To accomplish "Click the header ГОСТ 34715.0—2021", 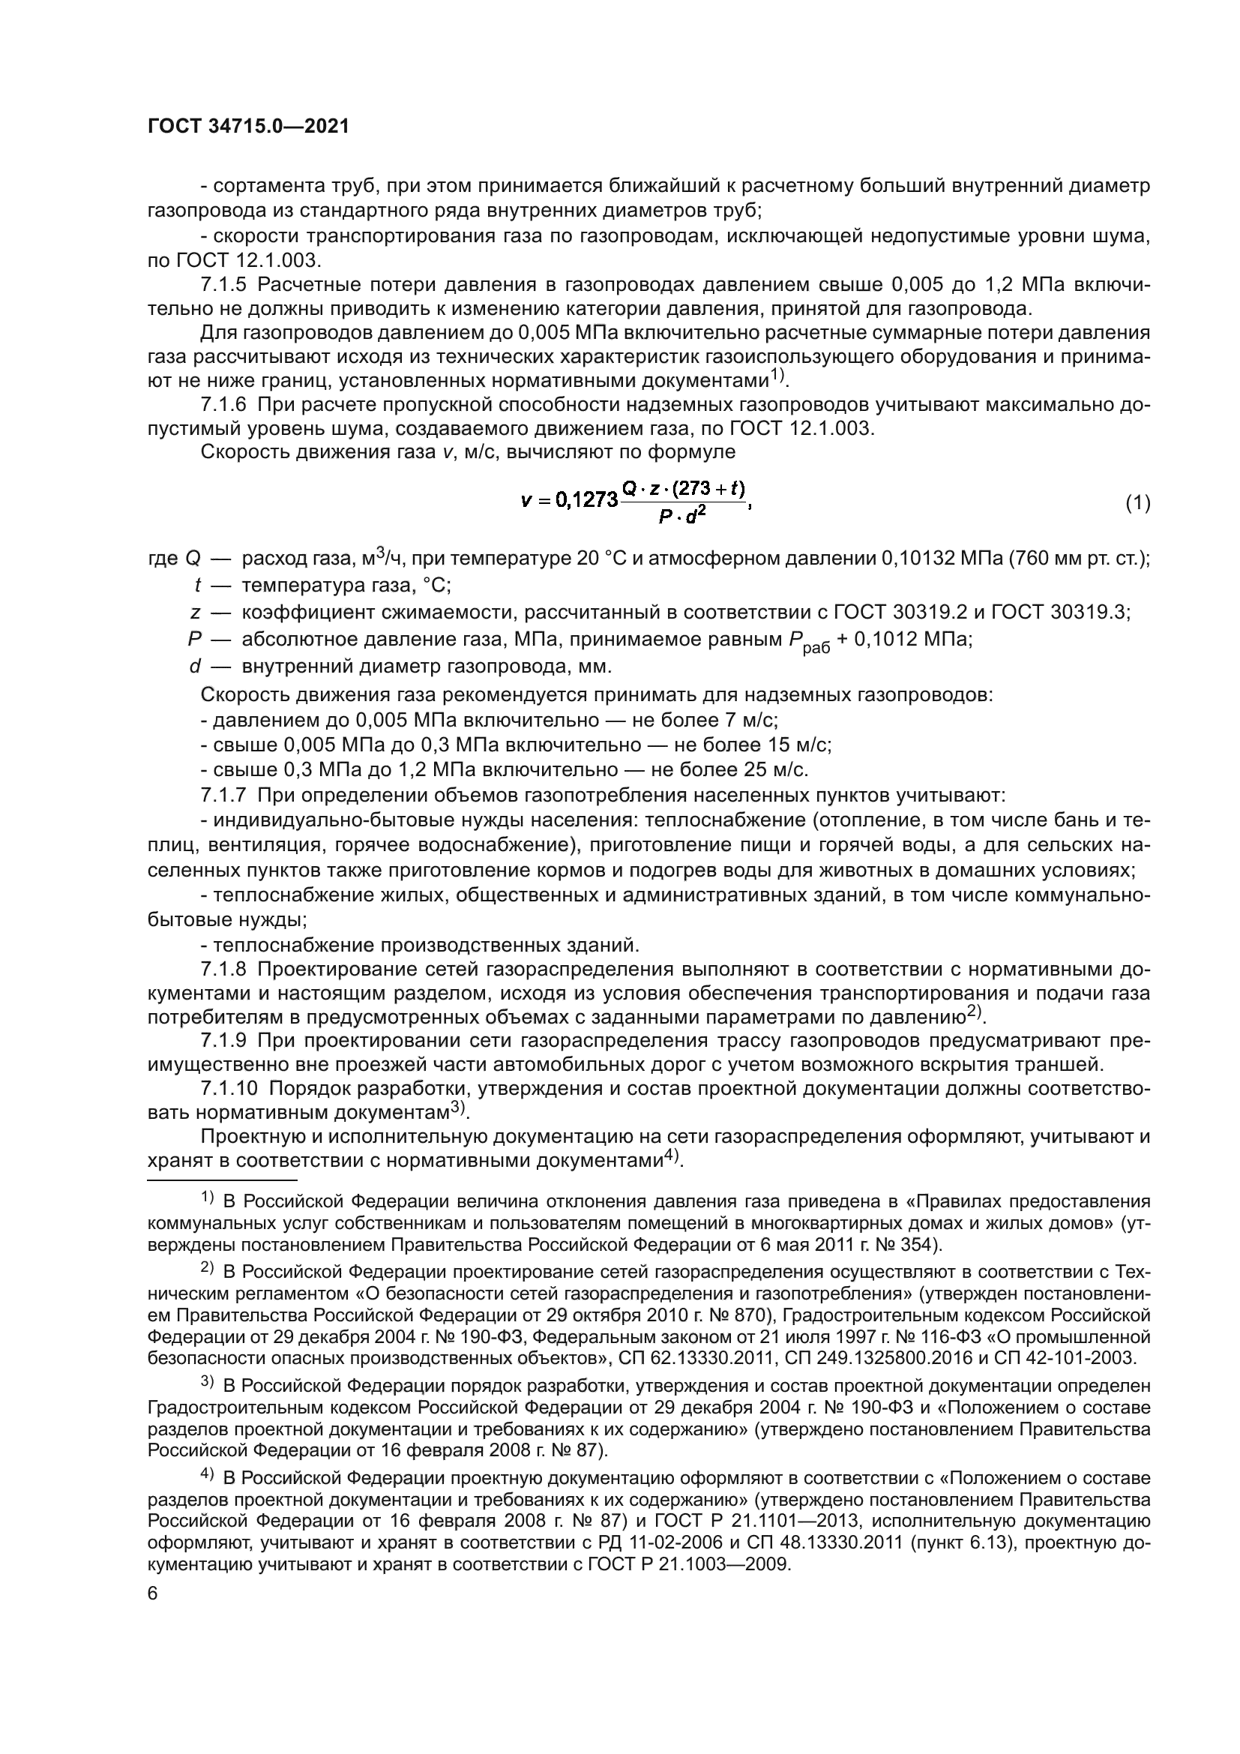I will (248, 127).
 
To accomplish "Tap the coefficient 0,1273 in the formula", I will (586, 500).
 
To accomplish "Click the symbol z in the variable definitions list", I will (196, 612).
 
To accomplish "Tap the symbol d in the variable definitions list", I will (196, 666).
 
